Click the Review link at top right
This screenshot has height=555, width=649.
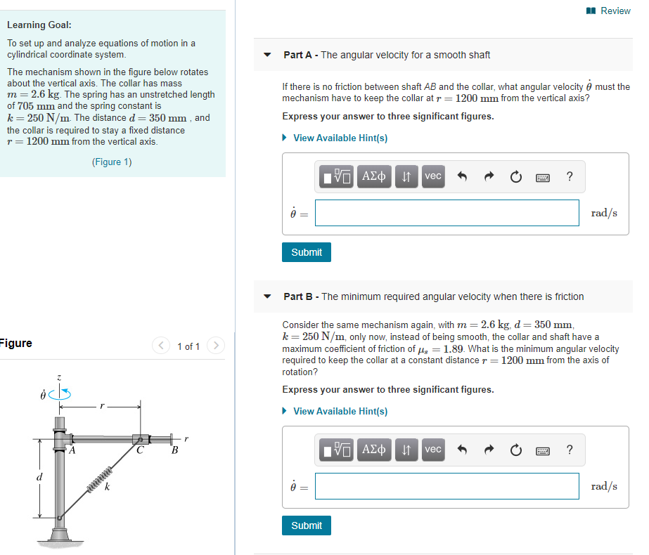click(x=609, y=11)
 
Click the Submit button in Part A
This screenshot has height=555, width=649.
click(x=306, y=252)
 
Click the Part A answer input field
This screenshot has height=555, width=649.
click(x=446, y=213)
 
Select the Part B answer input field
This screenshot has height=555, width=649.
click(x=446, y=486)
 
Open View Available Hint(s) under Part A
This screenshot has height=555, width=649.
click(x=340, y=138)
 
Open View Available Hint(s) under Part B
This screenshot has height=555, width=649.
click(x=340, y=411)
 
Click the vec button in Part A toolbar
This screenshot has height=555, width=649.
click(x=433, y=176)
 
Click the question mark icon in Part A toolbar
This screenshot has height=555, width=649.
click(x=569, y=176)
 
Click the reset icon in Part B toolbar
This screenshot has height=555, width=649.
click(x=516, y=450)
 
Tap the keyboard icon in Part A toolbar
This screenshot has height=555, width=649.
click(x=542, y=177)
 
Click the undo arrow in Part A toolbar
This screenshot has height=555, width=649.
click(x=463, y=176)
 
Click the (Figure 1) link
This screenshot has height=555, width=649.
click(x=112, y=162)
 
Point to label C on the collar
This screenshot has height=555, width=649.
click(x=140, y=451)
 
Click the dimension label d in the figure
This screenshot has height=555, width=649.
click(x=39, y=478)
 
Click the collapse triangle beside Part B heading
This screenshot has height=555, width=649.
click(x=267, y=296)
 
